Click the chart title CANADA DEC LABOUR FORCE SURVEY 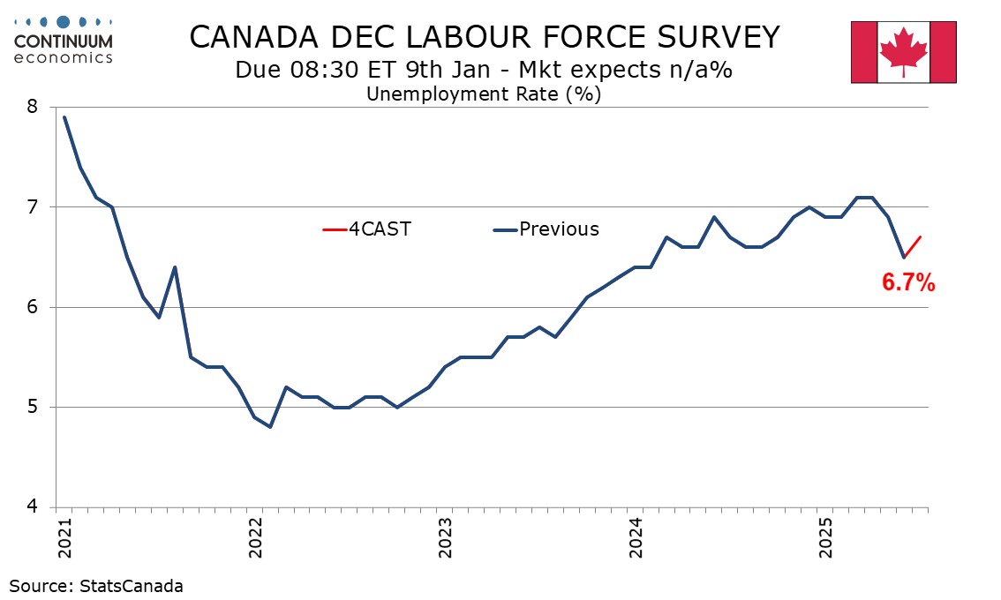coord(485,37)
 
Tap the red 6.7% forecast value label coord(908,283)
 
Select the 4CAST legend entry coord(368,229)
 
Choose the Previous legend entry coord(546,229)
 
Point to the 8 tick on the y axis coord(33,107)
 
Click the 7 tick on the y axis coord(33,207)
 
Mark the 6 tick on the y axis coord(33,307)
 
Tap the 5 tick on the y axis coord(33,408)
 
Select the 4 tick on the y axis coord(33,507)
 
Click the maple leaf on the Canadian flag coord(903,50)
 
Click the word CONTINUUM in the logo coord(64,41)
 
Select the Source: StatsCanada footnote coord(96,585)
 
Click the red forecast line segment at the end coord(913,247)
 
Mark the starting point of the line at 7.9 coord(64,116)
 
